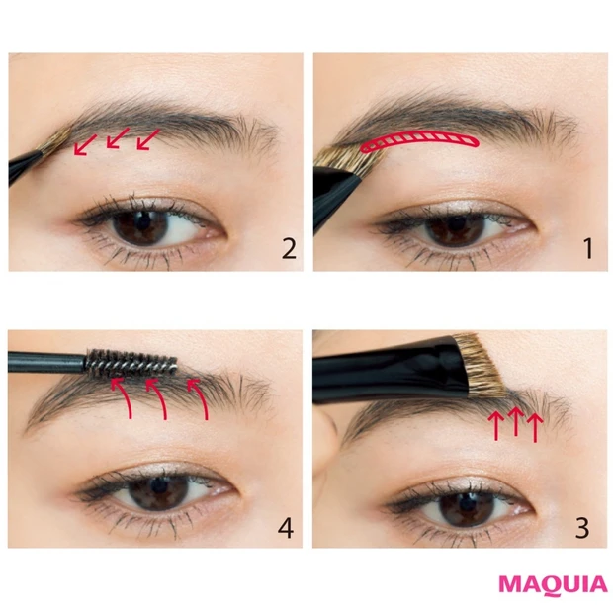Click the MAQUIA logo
click(x=553, y=585)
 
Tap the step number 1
click(x=588, y=248)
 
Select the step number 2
click(x=289, y=248)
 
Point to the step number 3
click(x=582, y=527)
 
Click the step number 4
click(x=286, y=528)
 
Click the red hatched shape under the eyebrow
click(x=420, y=141)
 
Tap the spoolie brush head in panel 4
click(x=131, y=363)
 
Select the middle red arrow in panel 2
click(x=118, y=137)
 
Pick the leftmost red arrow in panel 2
click(x=85, y=144)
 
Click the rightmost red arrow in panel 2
click(x=148, y=139)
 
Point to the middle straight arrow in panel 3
click(x=516, y=421)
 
